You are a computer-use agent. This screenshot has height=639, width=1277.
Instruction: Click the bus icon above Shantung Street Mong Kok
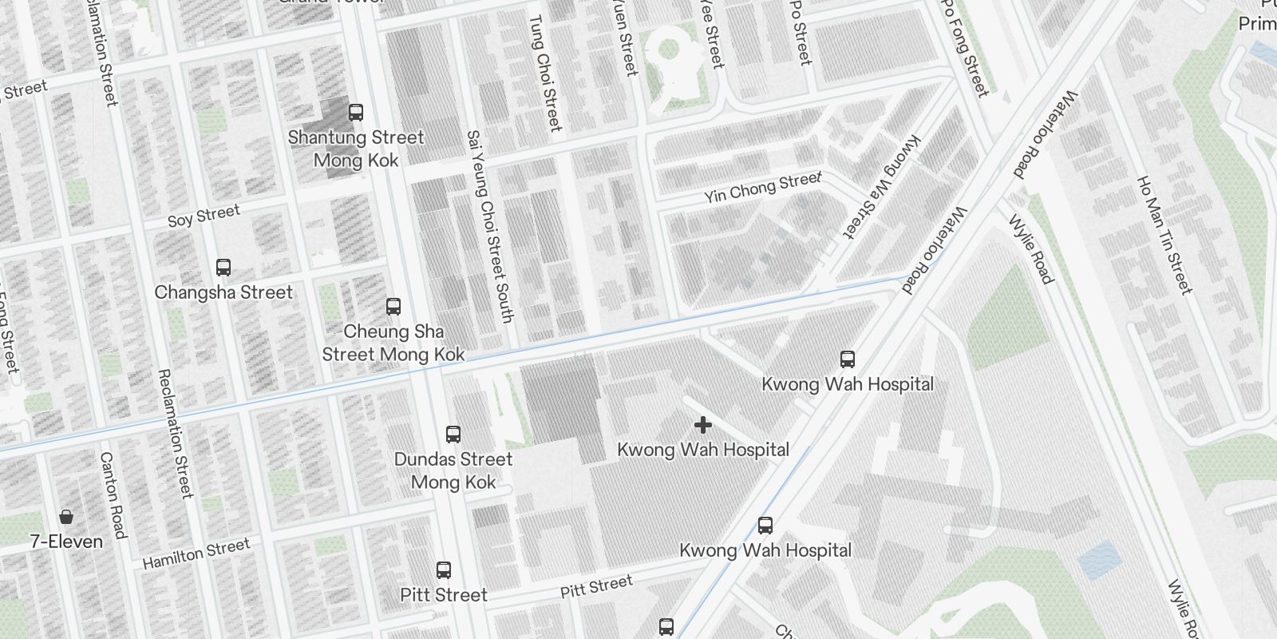tap(356, 113)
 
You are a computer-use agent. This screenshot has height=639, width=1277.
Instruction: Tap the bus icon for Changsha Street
tap(223, 268)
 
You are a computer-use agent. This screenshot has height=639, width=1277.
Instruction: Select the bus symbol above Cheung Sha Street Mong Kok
tap(393, 307)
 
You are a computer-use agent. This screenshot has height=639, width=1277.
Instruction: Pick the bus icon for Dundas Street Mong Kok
tap(453, 435)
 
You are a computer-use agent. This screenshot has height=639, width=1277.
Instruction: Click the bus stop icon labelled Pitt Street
tap(444, 570)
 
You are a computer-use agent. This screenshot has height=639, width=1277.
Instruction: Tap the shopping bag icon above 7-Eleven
tap(66, 517)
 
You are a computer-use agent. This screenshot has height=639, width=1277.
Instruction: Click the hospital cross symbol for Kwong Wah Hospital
tap(702, 425)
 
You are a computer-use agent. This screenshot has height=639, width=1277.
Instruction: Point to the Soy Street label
tap(204, 216)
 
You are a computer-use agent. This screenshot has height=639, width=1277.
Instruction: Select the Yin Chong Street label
tap(762, 188)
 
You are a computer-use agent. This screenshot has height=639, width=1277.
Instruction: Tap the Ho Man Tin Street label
tap(1164, 235)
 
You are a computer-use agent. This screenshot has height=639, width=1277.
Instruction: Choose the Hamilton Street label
tap(196, 554)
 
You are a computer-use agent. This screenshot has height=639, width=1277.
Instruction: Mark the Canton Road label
tap(113, 495)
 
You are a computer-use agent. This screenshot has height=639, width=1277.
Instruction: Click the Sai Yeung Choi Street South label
tap(489, 226)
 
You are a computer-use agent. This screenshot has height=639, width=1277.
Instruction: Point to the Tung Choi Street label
tap(546, 73)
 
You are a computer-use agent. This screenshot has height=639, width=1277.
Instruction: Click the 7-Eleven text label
tap(67, 542)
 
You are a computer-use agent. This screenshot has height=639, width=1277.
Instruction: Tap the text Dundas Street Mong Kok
tap(453, 470)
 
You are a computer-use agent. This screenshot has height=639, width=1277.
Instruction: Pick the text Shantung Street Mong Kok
tap(356, 149)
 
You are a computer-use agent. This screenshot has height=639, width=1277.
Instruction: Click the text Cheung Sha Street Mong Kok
tap(393, 343)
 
